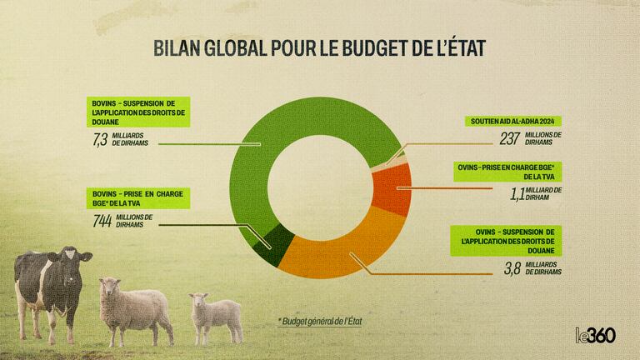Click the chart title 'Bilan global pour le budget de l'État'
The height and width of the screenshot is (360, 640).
click(320, 47)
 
